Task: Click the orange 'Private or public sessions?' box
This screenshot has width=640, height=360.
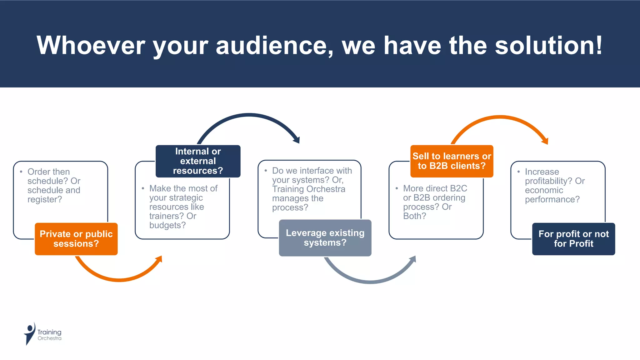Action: click(x=76, y=239)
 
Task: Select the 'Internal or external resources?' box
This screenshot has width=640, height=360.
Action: click(x=198, y=161)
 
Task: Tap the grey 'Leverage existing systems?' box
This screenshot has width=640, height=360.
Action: click(x=325, y=238)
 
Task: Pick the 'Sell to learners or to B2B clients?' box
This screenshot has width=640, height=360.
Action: click(x=452, y=161)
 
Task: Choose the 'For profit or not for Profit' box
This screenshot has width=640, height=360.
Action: click(x=573, y=239)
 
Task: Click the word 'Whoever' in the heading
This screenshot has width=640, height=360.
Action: click(x=91, y=46)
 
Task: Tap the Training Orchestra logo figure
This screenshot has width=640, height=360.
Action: click(x=30, y=333)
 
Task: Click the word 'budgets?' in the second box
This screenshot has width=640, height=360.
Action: click(x=167, y=225)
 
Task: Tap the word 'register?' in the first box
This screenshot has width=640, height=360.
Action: click(x=45, y=199)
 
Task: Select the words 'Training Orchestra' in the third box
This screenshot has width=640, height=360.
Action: click(x=308, y=189)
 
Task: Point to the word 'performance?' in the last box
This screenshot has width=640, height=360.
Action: click(x=552, y=199)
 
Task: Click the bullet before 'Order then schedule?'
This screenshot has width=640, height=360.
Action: click(x=21, y=172)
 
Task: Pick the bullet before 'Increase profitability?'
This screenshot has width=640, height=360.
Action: click(x=518, y=172)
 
